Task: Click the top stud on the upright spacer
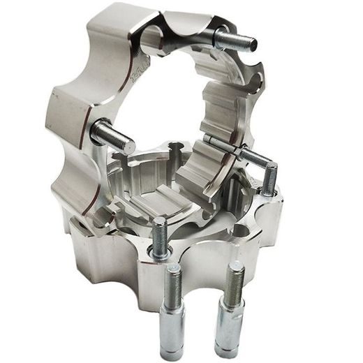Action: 236,40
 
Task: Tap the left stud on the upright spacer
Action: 112,136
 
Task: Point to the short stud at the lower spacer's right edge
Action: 269,179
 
